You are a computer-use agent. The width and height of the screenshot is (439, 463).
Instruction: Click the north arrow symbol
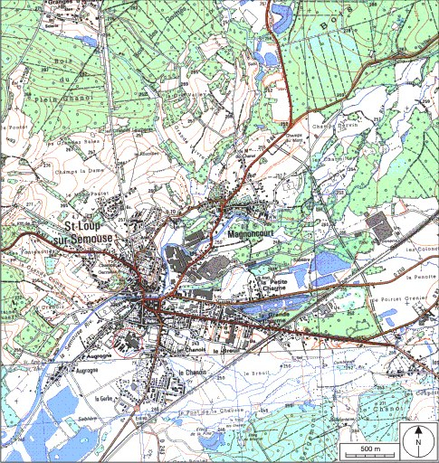coord(419,441)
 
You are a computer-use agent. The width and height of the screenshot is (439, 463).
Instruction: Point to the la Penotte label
coord(422,276)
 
